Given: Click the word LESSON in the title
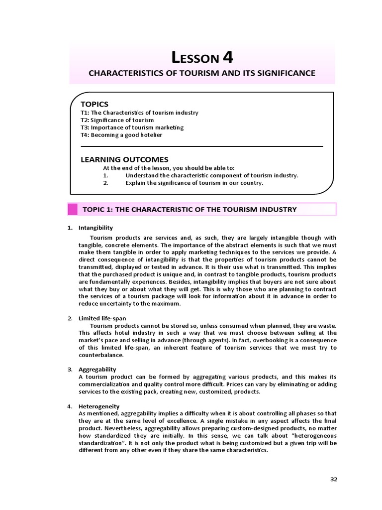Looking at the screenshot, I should (195, 58).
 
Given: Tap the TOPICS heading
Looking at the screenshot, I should (94, 104).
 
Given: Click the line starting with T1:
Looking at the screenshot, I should (139, 113).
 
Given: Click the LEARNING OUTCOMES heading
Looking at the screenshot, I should (124, 159).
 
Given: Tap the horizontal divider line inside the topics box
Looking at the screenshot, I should (201, 146).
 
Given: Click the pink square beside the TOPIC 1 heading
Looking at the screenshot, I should (73, 209).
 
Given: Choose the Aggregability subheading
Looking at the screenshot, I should (97, 369).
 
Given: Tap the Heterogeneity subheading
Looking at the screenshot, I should (99, 406).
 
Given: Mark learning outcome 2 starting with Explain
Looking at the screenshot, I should (194, 183).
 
